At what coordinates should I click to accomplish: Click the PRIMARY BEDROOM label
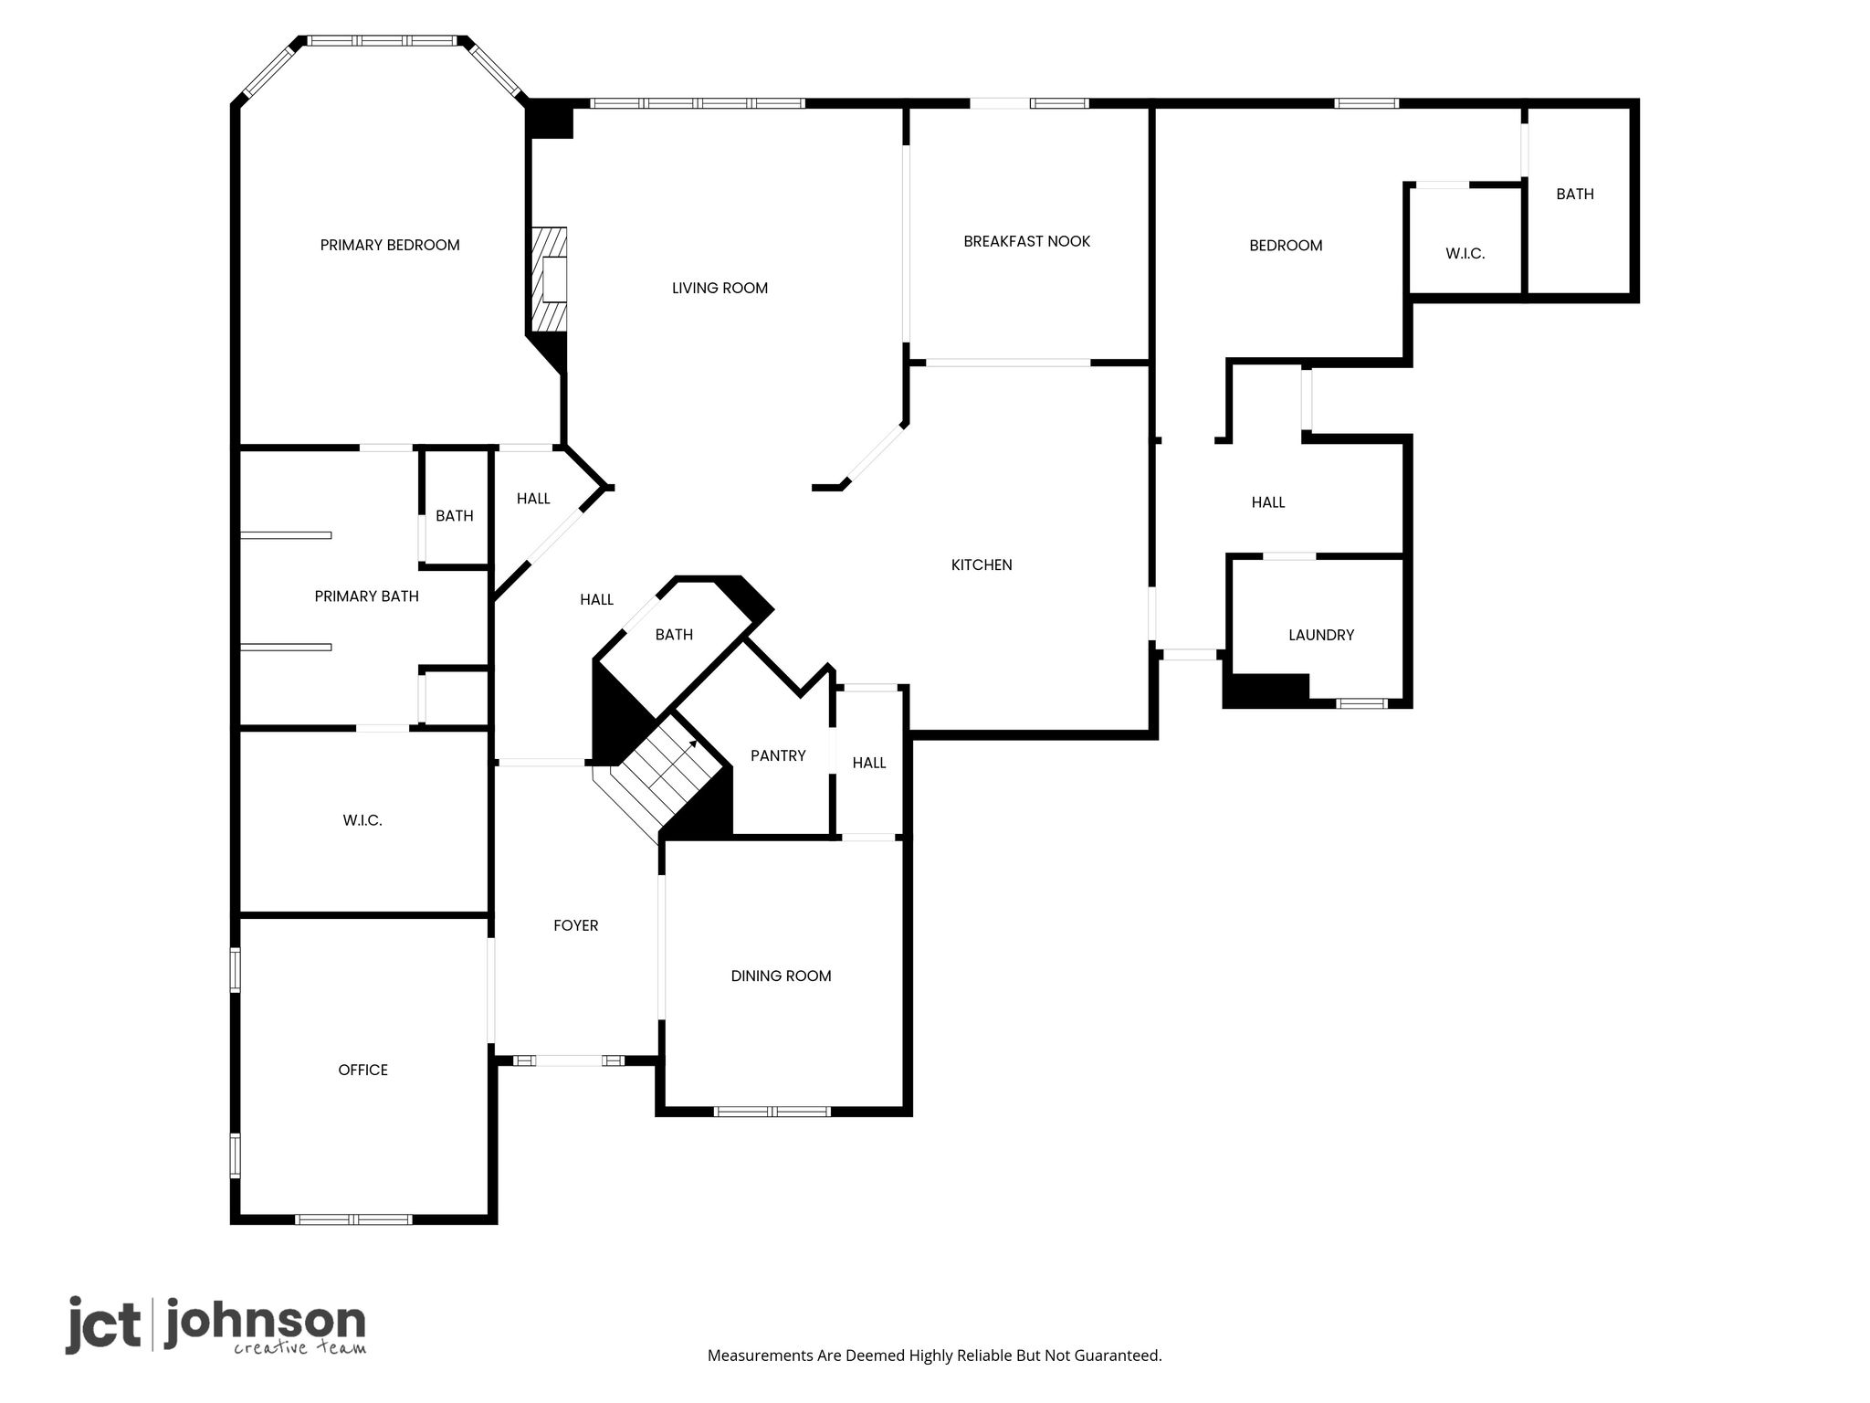pyautogui.click(x=390, y=245)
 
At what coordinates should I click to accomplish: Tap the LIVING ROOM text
pyautogui.click(x=720, y=288)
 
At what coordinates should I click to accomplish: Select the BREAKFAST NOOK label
pyautogui.click(x=1027, y=241)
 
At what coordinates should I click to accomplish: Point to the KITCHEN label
pyautogui.click(x=982, y=564)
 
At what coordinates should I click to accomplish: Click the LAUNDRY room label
pyautogui.click(x=1321, y=635)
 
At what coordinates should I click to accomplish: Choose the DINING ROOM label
pyautogui.click(x=781, y=976)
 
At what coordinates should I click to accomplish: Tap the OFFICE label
pyautogui.click(x=363, y=1070)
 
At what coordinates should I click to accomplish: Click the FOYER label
pyautogui.click(x=576, y=925)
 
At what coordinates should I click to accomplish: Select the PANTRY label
pyautogui.click(x=778, y=755)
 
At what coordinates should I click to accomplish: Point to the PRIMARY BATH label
pyautogui.click(x=366, y=596)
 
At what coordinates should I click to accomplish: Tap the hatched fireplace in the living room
pyautogui.click(x=550, y=280)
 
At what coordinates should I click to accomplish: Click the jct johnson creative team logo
pyautogui.click(x=215, y=1325)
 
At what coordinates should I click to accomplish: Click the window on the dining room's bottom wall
pyautogui.click(x=772, y=1112)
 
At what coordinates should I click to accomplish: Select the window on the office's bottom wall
pyautogui.click(x=353, y=1219)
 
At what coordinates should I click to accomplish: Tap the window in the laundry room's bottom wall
pyautogui.click(x=1362, y=703)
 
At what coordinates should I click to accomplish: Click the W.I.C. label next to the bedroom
pyautogui.click(x=1466, y=254)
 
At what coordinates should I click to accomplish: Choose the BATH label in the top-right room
pyautogui.click(x=1575, y=194)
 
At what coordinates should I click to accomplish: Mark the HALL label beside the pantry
pyautogui.click(x=869, y=763)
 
